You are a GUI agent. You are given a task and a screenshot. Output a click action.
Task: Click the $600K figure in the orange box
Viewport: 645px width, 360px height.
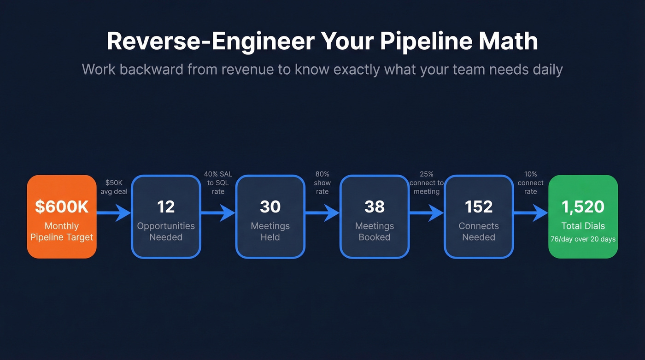[x=62, y=207]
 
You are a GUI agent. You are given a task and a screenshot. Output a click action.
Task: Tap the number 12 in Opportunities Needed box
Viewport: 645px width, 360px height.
[x=166, y=207]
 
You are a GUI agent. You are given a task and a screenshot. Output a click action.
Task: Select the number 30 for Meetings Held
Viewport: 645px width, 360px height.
[x=270, y=207]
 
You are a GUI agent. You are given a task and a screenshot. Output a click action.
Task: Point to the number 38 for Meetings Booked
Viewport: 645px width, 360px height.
[x=374, y=207]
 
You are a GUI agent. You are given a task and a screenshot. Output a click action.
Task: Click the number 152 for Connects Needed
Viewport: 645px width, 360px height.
[x=479, y=207]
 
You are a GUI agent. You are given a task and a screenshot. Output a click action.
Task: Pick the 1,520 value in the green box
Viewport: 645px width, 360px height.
[x=583, y=207]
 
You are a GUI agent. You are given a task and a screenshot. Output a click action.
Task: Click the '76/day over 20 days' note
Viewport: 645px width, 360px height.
[x=583, y=239]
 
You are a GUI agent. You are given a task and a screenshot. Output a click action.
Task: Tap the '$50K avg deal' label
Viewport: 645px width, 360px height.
[x=114, y=187]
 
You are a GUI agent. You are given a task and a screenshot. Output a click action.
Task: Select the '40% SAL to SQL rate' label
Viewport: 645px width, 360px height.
[x=218, y=183]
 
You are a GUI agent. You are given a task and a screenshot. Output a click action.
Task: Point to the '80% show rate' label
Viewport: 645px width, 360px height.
[x=322, y=183]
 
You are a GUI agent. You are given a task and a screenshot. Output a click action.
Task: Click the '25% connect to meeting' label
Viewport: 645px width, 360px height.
[x=426, y=183]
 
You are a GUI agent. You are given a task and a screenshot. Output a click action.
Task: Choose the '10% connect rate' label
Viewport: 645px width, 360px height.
[x=530, y=183]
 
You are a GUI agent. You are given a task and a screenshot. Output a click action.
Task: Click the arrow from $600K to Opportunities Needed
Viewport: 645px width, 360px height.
[x=114, y=213]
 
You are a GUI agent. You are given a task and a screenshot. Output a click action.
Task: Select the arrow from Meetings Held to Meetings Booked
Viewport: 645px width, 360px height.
[x=322, y=213]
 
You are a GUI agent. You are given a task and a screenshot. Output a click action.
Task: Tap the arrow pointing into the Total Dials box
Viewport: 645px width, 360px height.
[x=531, y=213]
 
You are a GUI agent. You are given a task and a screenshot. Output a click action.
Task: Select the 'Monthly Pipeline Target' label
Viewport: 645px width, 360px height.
[x=62, y=231]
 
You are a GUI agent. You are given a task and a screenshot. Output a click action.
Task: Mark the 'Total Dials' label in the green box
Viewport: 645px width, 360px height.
[x=583, y=226]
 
